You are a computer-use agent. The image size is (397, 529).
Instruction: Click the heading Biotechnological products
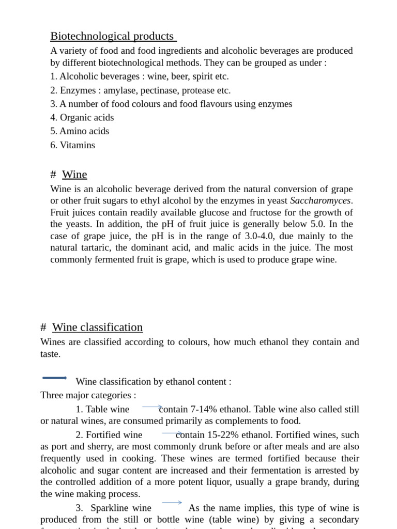112,36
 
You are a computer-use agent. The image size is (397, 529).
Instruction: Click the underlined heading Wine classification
97,328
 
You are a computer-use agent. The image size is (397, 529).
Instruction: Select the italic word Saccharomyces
320,200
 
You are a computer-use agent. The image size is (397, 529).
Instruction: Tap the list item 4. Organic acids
82,118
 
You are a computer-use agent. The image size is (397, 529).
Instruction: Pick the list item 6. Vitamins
72,145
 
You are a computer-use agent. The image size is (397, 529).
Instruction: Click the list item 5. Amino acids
80,131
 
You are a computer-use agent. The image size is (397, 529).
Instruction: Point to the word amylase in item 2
119,90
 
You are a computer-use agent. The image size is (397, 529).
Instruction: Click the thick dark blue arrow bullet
54,378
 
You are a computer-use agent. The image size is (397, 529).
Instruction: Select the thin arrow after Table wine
152,407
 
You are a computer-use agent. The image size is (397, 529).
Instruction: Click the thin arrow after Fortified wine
172,433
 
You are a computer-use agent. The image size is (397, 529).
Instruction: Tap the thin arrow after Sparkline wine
172,502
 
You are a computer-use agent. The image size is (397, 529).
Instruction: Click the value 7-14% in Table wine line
203,410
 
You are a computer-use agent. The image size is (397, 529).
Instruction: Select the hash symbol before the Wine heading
53,175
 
